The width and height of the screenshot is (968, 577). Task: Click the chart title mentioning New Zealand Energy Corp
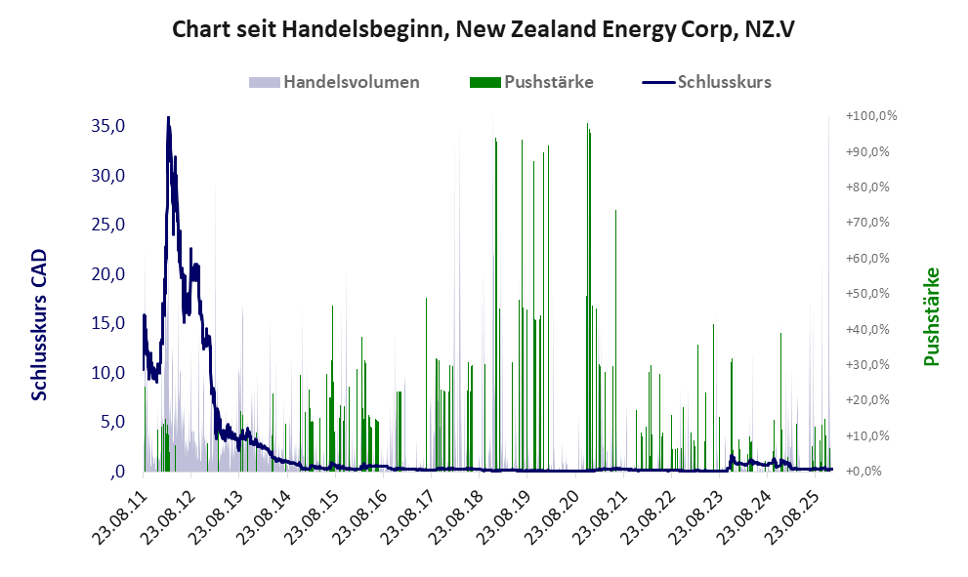484,29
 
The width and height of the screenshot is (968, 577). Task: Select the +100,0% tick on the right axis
872,116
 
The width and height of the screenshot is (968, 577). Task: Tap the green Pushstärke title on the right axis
931,317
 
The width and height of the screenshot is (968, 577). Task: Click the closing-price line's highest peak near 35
168,119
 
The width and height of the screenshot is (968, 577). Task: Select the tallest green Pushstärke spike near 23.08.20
587,125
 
